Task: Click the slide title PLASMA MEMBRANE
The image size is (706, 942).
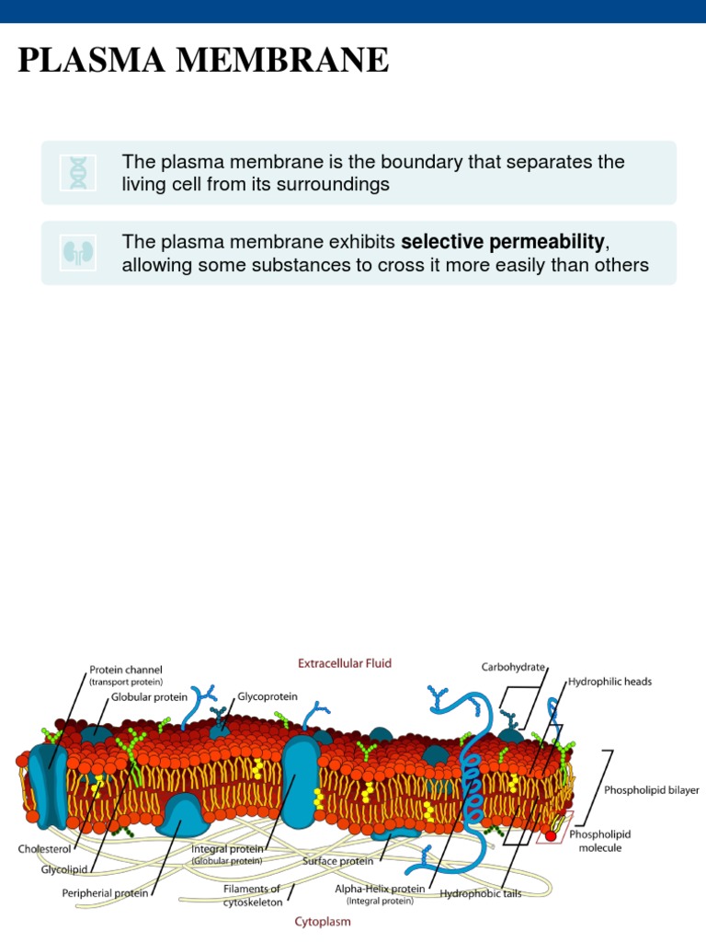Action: (203, 61)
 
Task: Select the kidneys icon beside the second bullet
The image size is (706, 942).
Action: (73, 252)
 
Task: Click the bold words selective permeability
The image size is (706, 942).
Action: (504, 243)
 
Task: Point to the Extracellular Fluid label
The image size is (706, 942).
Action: (343, 662)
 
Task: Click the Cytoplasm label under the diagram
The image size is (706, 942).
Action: (323, 921)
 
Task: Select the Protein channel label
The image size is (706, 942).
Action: (126, 670)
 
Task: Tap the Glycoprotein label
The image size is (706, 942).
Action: (268, 697)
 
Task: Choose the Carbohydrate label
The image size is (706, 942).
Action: (513, 666)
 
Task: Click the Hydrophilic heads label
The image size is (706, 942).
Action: (609, 682)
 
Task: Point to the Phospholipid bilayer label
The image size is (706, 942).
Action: (652, 789)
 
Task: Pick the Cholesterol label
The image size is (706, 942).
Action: (44, 849)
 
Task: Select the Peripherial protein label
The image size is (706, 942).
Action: (106, 892)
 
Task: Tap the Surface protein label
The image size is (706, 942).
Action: (338, 861)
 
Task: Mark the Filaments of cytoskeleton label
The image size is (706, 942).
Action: (252, 895)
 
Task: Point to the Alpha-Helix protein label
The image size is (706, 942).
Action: (380, 889)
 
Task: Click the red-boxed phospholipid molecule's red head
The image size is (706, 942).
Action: (551, 835)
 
